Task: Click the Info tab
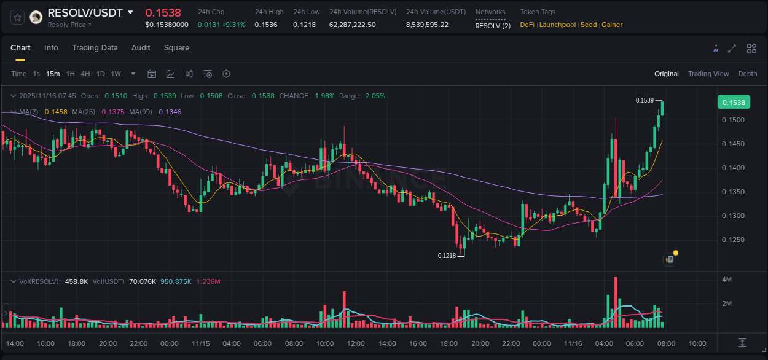click(x=51, y=48)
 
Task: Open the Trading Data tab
click(x=95, y=48)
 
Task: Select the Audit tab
click(x=141, y=48)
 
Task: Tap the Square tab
click(x=176, y=48)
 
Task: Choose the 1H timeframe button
click(x=70, y=74)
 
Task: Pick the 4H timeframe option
click(x=85, y=74)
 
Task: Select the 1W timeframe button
click(x=116, y=74)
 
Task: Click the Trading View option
click(x=708, y=74)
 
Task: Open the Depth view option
click(x=747, y=74)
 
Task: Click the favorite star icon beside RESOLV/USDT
click(x=17, y=17)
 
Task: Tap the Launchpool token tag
click(x=557, y=25)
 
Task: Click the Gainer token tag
click(x=612, y=25)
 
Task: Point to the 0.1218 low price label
click(x=447, y=256)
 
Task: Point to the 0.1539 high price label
click(x=645, y=100)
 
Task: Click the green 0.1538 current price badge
click(x=734, y=103)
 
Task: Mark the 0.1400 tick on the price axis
click(x=733, y=168)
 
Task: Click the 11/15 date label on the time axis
click(x=200, y=343)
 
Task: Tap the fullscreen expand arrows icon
click(x=732, y=49)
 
